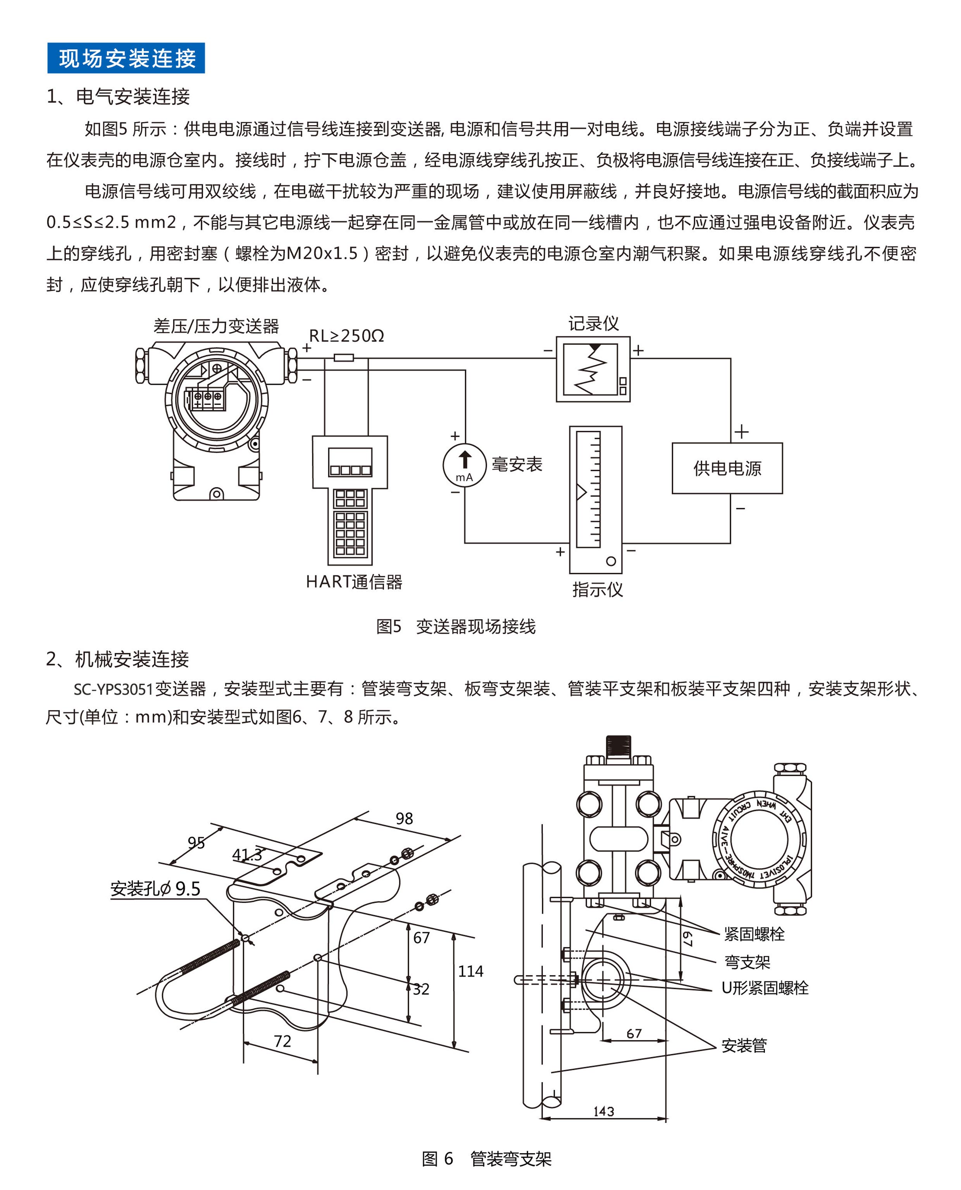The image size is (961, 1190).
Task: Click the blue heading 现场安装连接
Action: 126,58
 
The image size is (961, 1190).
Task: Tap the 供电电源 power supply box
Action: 727,468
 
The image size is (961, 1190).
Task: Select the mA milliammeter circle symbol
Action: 465,465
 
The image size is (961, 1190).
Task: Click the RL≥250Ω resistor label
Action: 346,336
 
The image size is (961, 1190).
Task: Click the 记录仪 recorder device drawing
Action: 593,369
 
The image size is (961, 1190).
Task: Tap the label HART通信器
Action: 354,582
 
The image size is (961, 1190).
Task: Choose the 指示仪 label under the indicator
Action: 597,589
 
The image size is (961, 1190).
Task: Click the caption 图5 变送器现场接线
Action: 456,627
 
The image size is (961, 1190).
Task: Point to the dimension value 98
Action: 404,819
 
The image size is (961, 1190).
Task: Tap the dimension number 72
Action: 282,1041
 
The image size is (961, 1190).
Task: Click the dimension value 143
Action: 603,1111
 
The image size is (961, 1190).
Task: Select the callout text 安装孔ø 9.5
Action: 155,889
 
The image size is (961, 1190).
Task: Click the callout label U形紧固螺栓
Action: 765,988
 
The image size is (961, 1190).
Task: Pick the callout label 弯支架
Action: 747,962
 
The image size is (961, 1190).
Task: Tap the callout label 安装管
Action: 744,1045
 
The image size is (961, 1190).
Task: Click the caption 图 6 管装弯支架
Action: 487,1159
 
